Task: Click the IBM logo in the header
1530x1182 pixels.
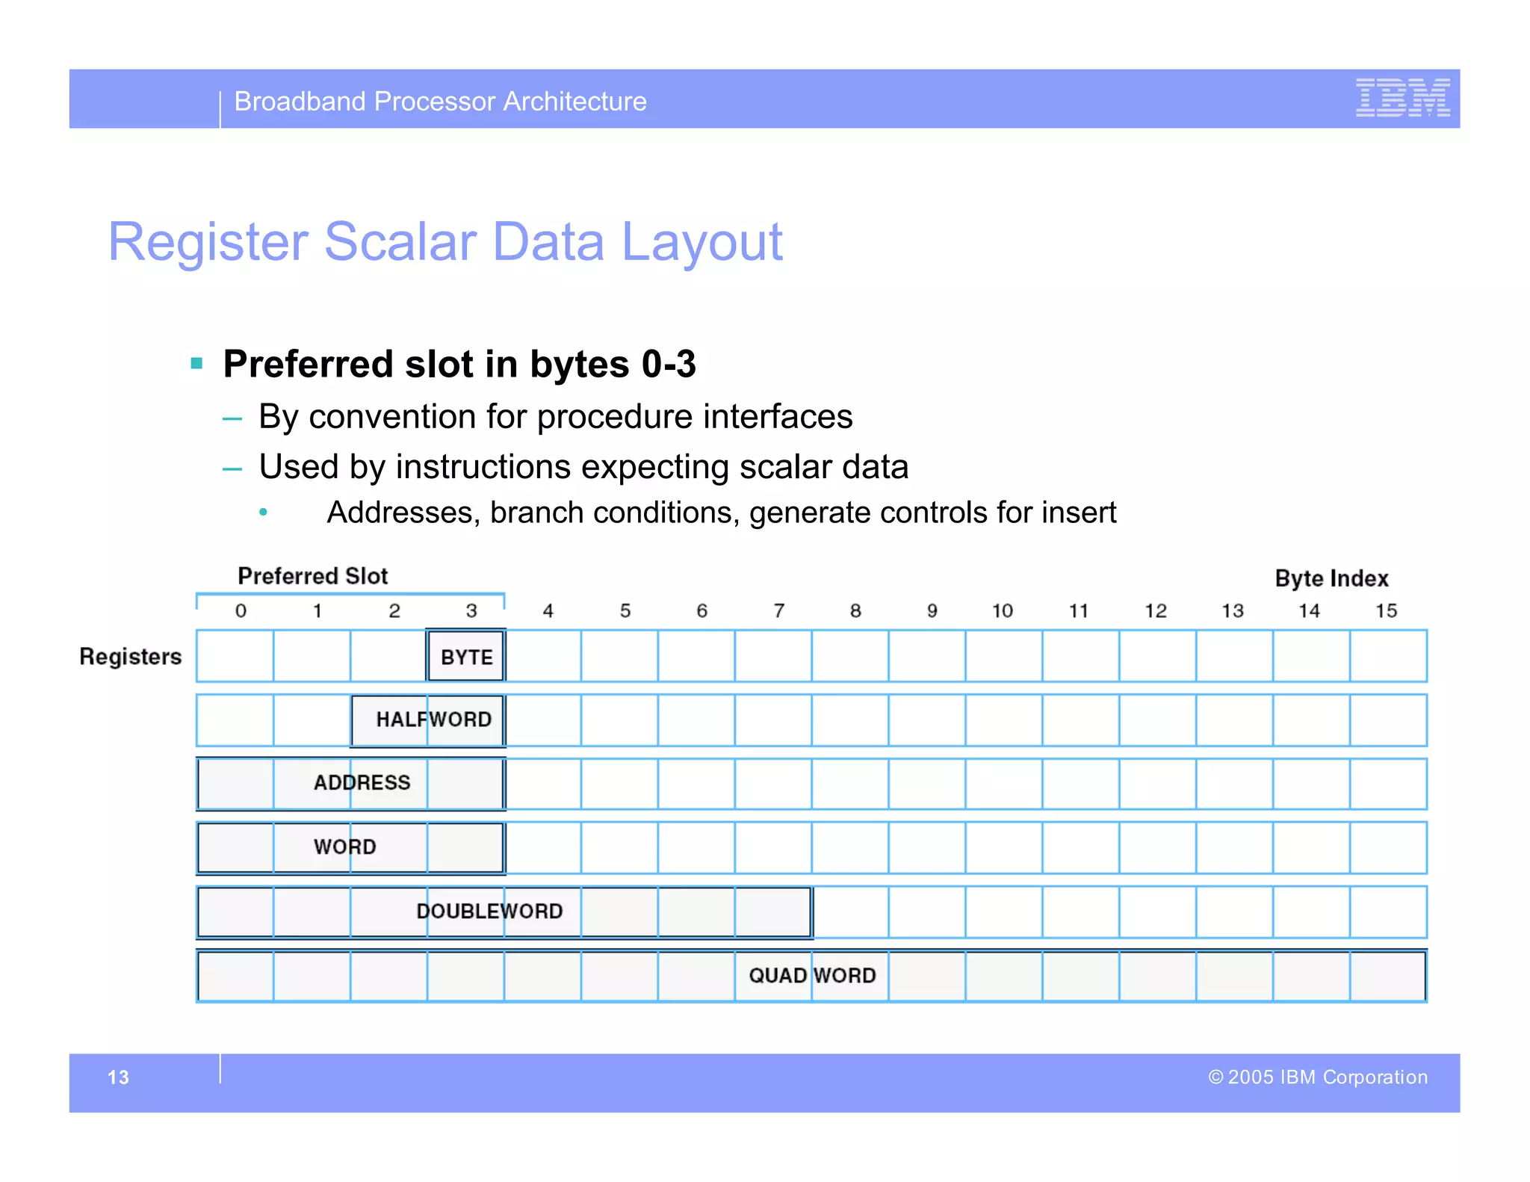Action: click(x=1402, y=98)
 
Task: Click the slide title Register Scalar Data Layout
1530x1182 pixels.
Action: click(x=445, y=242)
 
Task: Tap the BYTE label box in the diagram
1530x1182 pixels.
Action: click(x=466, y=657)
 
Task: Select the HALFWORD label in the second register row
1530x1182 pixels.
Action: click(x=433, y=720)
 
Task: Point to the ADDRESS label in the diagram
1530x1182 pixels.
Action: click(x=362, y=782)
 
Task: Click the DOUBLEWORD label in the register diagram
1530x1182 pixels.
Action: click(x=489, y=911)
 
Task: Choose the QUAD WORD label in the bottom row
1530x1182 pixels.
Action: click(x=811, y=975)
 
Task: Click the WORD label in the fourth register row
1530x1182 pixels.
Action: click(x=344, y=847)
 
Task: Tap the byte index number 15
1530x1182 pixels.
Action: click(x=1386, y=611)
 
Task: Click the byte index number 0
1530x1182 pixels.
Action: click(x=241, y=611)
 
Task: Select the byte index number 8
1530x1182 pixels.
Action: click(x=855, y=611)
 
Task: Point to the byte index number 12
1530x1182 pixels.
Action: click(x=1156, y=611)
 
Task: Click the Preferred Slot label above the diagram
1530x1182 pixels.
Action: click(x=312, y=576)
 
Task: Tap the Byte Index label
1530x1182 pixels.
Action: click(x=1331, y=578)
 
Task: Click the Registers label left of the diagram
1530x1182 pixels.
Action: click(x=131, y=657)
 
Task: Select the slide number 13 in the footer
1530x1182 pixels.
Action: click(x=118, y=1077)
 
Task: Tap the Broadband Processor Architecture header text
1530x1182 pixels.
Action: click(x=440, y=102)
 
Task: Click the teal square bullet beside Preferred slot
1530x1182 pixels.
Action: click(x=197, y=364)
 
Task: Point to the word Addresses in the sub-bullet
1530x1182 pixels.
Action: click(x=403, y=513)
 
